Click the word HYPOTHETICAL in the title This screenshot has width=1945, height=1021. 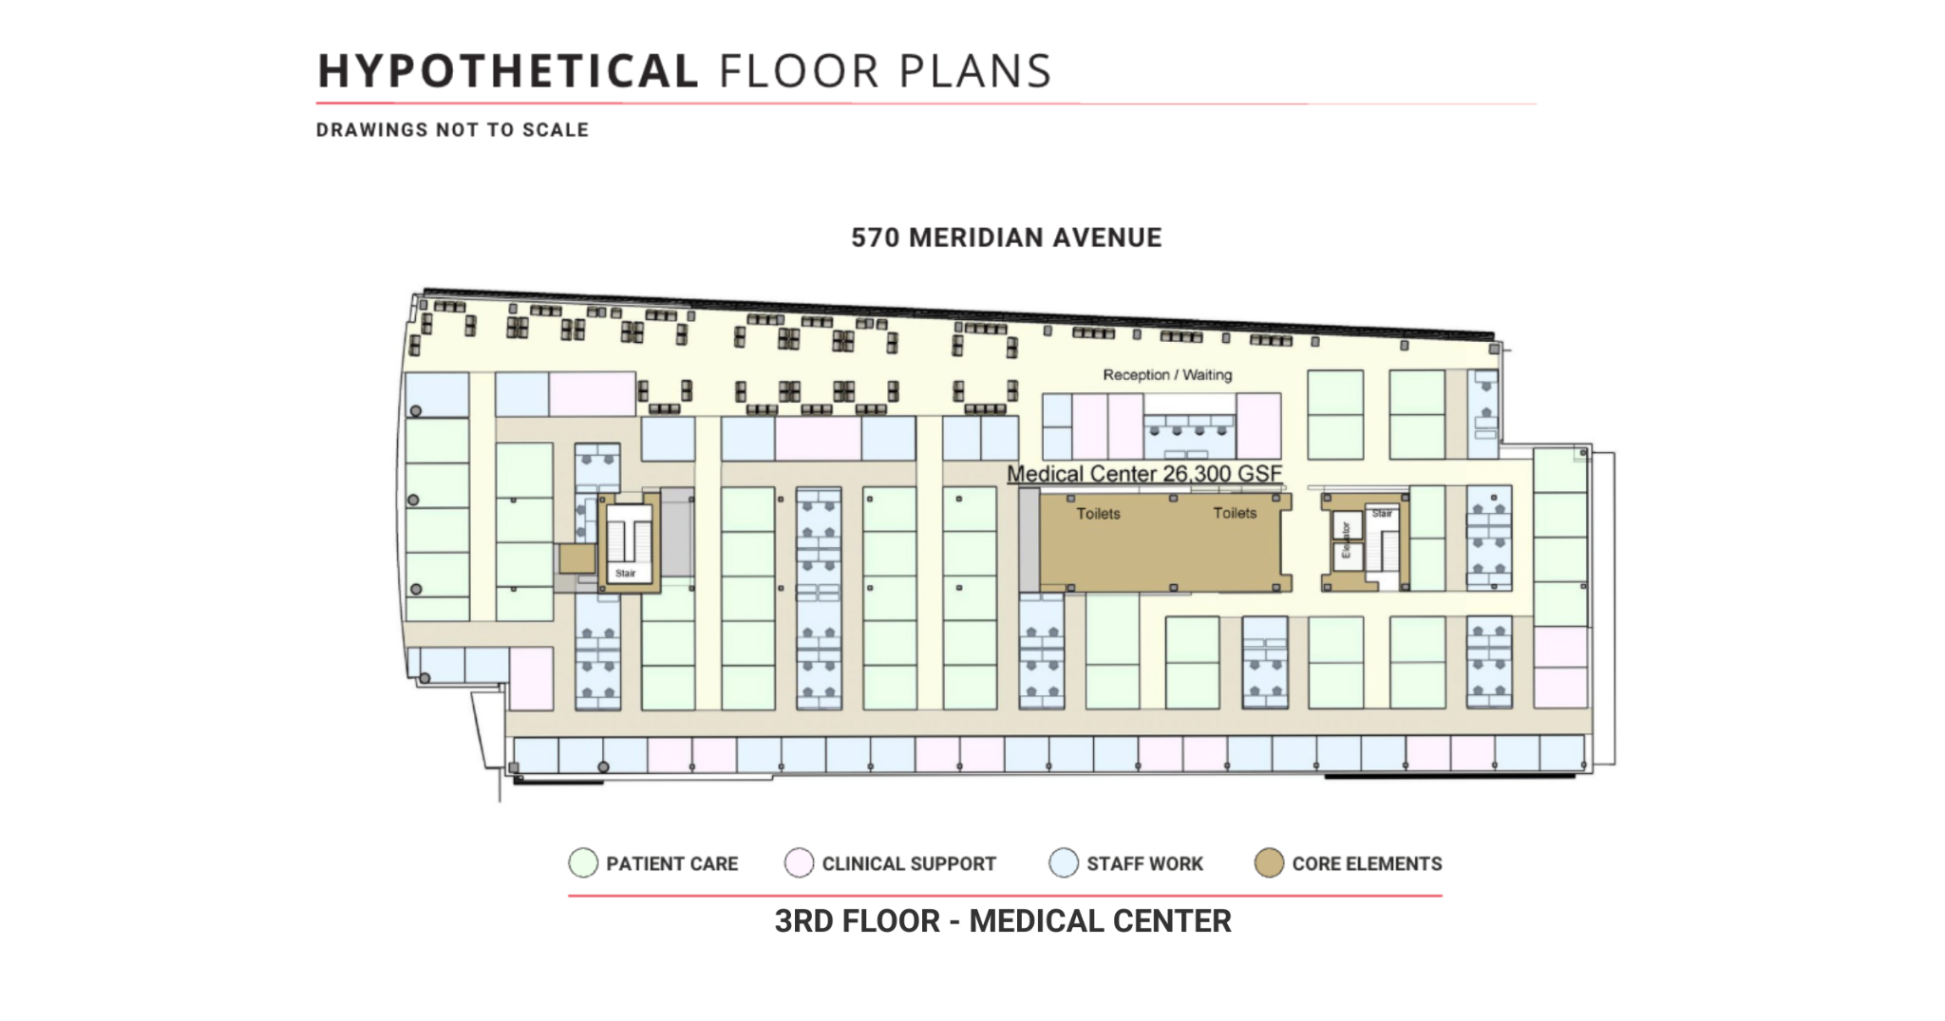click(507, 71)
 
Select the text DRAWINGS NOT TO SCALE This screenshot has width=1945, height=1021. click(452, 130)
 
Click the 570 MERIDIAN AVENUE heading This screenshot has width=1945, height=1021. click(1006, 237)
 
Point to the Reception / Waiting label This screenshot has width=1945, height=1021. click(1167, 375)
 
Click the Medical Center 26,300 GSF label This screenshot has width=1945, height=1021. click(1144, 473)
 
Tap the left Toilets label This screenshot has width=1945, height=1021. click(1098, 514)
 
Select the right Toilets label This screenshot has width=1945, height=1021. click(1235, 513)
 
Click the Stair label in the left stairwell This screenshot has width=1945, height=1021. click(626, 573)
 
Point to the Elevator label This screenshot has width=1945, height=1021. click(1346, 539)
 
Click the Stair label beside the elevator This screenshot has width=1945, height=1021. click(1382, 514)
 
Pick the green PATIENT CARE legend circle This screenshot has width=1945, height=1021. click(583, 863)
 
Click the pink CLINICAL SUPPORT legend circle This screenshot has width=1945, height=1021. click(799, 863)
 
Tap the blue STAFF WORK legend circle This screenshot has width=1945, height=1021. click(1064, 863)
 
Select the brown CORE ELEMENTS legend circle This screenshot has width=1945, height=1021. click(1269, 863)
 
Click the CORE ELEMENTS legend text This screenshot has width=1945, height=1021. click(1367, 864)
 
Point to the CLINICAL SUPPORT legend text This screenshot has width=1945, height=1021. click(909, 864)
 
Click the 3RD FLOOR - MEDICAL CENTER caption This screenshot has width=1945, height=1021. click(1003, 921)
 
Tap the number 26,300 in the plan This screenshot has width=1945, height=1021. click(1204, 473)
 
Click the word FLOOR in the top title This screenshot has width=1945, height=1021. click(799, 71)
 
